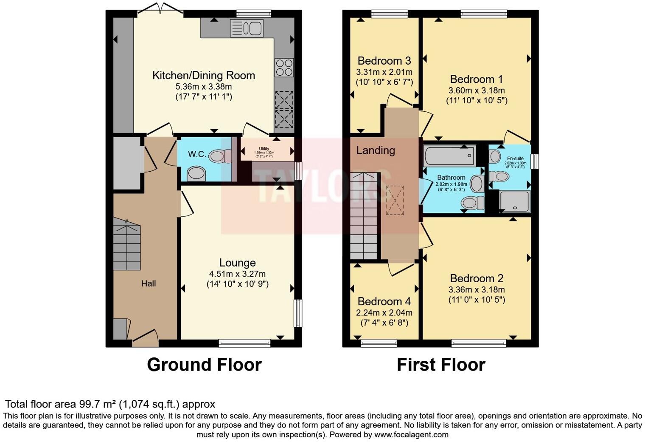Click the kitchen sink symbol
pos(247,28)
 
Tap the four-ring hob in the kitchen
pos(284,67)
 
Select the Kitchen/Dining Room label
pos(204,76)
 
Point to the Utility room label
pos(264,149)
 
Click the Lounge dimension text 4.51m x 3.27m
pos(237,274)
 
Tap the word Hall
pos(149,283)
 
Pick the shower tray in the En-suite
pos(515,201)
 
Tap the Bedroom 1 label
pos(476,79)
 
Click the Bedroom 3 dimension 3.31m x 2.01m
pos(384,72)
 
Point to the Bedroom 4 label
pos(384,302)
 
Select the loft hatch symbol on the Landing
pos(395,200)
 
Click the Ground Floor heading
pos(204,365)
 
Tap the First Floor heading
pos(441,365)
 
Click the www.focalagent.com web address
pos(411,434)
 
